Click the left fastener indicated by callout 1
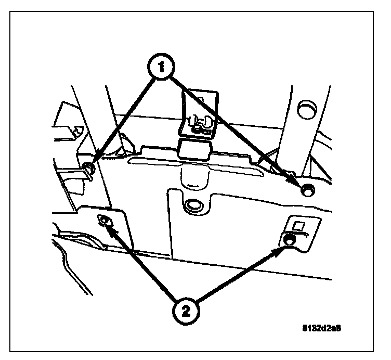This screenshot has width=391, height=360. (x=89, y=167)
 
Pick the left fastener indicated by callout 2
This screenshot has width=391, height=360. (x=105, y=221)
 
